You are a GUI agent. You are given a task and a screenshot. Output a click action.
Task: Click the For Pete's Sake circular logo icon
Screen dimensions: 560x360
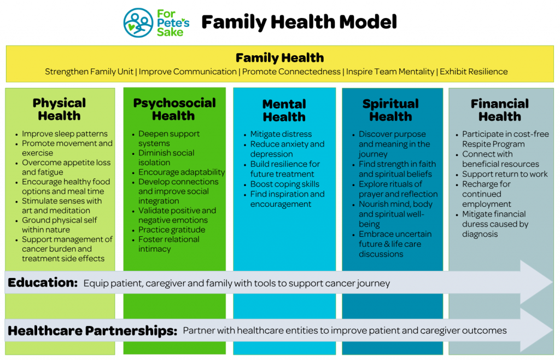click(138, 23)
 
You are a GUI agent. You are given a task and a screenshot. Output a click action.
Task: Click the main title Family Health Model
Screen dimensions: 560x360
click(299, 22)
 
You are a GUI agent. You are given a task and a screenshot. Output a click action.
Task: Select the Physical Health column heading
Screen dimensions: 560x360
click(59, 109)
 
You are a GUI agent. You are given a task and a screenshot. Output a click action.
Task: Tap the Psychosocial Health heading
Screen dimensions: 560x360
click(174, 109)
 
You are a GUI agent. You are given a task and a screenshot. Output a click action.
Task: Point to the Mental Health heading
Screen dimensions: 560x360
click(284, 111)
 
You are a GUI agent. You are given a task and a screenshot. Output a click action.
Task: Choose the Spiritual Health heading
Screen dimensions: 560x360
click(390, 110)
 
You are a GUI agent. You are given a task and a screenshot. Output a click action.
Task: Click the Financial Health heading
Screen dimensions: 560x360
click(500, 110)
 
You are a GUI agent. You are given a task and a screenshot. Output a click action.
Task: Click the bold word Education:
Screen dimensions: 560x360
click(43, 282)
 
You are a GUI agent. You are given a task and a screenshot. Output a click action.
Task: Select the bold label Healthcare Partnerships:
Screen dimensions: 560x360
click(92, 330)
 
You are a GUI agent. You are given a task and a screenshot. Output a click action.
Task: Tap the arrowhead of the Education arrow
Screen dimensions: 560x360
click(538, 282)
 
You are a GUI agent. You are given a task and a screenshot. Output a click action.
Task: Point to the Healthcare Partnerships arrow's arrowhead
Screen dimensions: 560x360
click(538, 330)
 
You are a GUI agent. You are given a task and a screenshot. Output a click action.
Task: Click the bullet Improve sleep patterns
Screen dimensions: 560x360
click(65, 134)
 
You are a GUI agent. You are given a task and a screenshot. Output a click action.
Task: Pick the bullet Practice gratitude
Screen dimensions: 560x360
click(172, 230)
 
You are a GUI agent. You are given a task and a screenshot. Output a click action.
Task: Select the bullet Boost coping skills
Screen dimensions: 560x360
click(284, 184)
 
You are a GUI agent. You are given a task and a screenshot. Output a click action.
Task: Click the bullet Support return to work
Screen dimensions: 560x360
click(505, 174)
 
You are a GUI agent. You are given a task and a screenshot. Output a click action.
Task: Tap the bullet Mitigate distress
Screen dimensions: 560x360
click(281, 134)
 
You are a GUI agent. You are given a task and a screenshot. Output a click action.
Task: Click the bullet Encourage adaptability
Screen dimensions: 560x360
click(182, 172)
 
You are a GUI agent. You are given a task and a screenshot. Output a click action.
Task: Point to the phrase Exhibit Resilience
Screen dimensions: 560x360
click(474, 72)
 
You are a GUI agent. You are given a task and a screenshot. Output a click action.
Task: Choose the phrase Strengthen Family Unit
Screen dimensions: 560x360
click(89, 72)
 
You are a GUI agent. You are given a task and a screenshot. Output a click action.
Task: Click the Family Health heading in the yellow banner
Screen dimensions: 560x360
click(279, 57)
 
